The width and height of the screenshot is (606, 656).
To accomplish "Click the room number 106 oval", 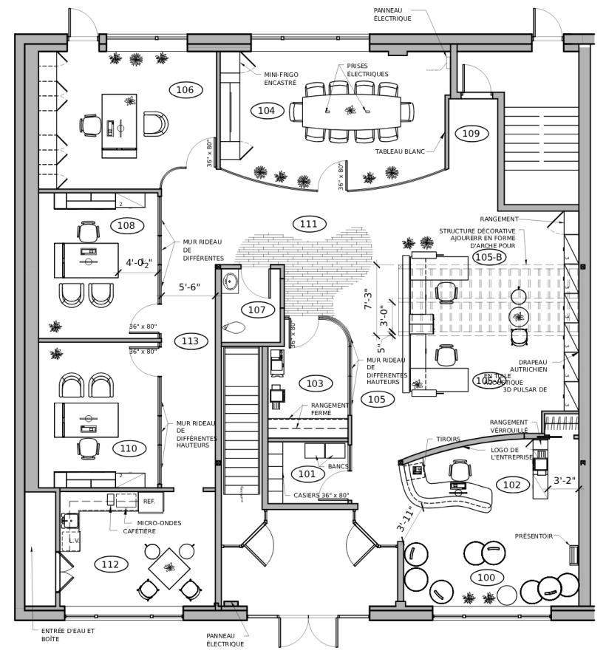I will pyautogui.click(x=185, y=90).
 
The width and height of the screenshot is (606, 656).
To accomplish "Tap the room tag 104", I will pyautogui.click(x=266, y=111).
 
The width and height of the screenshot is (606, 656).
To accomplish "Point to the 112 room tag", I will pyautogui.click(x=111, y=564).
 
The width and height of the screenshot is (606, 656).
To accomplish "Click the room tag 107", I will pyautogui.click(x=256, y=310).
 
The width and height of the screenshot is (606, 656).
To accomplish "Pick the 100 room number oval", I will pyautogui.click(x=486, y=577).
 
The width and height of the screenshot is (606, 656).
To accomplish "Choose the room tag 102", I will pyautogui.click(x=511, y=485).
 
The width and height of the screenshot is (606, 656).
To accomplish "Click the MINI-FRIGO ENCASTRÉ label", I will pyautogui.click(x=280, y=78).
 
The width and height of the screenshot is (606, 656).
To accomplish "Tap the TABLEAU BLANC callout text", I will pyautogui.click(x=400, y=151).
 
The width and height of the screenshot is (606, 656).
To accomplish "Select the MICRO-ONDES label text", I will pyautogui.click(x=159, y=523).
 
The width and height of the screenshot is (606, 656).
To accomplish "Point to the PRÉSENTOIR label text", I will pyautogui.click(x=534, y=536).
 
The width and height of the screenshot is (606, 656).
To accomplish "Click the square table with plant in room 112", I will pyautogui.click(x=171, y=567).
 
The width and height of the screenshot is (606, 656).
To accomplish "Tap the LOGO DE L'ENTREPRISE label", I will pyautogui.click(x=511, y=454).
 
